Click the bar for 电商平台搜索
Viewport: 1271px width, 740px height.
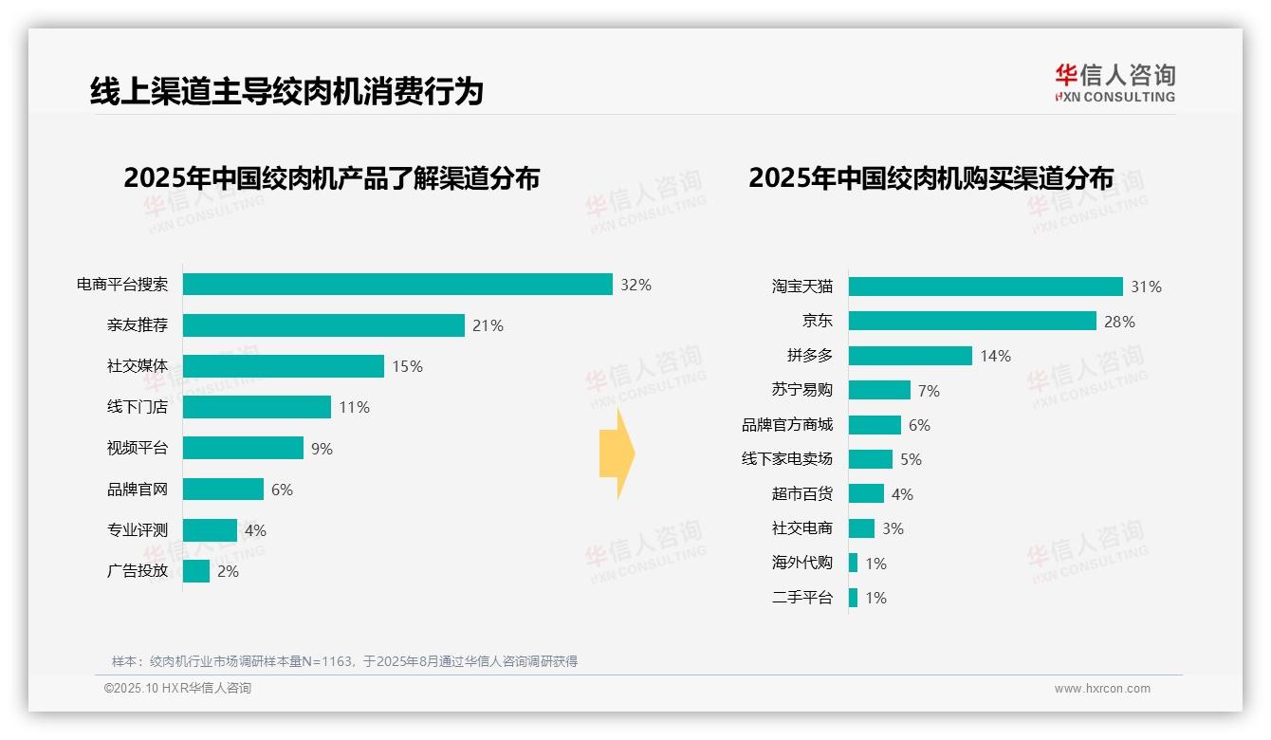point(397,285)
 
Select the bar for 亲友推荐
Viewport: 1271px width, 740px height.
point(323,325)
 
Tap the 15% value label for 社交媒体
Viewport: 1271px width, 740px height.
point(407,366)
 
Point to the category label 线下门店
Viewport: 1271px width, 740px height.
point(138,407)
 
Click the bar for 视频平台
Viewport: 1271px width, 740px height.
point(243,448)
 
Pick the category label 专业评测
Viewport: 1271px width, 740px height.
point(138,530)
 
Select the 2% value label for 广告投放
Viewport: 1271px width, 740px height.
point(228,571)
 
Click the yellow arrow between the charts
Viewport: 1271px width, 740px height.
point(617,454)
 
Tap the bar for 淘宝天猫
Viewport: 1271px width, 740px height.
point(985,287)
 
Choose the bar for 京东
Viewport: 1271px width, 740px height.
point(972,321)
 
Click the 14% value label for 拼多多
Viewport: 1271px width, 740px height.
point(995,356)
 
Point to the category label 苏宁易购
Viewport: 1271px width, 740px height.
point(801,390)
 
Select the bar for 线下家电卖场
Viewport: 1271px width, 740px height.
point(871,459)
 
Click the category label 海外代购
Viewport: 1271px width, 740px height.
point(801,563)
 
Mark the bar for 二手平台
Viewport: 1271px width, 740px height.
point(854,598)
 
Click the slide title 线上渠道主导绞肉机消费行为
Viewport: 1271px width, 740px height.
point(286,91)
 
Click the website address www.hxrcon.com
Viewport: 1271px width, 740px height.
point(1101,688)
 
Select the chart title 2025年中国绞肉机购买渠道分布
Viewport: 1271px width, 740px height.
point(930,178)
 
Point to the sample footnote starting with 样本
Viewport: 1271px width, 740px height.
point(344,661)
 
